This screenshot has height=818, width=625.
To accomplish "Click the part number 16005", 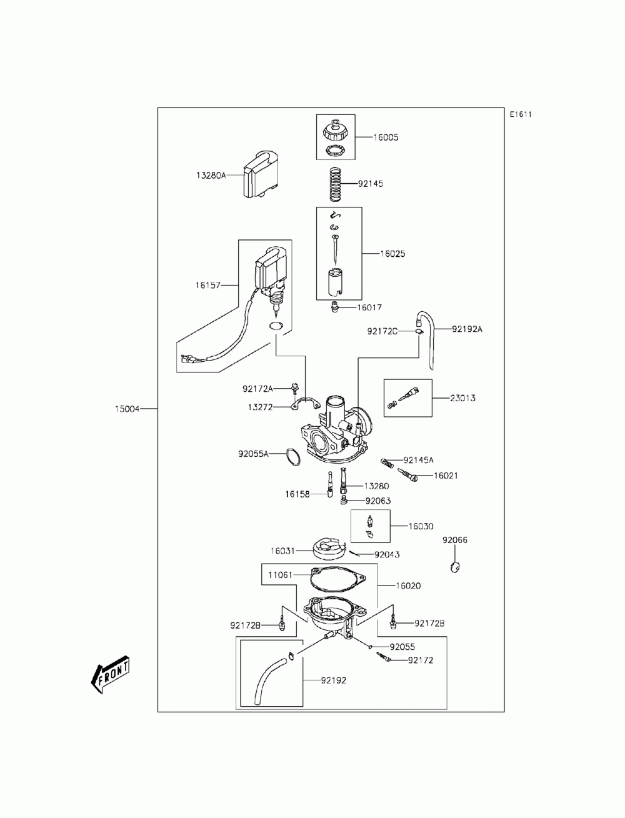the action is click(x=386, y=137).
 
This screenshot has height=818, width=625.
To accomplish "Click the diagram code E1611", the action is click(x=520, y=114).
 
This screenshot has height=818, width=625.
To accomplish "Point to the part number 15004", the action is click(x=127, y=409).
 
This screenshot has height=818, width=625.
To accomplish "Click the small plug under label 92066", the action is click(x=454, y=567).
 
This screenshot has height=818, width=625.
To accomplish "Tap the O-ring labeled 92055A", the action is click(x=293, y=457).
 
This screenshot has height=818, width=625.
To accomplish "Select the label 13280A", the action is click(x=211, y=175).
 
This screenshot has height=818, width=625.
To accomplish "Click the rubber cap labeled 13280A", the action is click(x=261, y=174).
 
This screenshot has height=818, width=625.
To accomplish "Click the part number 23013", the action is click(x=462, y=398).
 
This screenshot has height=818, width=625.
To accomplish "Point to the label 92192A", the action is click(x=467, y=329).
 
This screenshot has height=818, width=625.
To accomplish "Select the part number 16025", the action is click(x=392, y=254).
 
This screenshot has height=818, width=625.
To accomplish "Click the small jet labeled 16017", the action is click(x=334, y=307).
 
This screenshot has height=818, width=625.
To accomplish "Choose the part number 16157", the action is click(x=208, y=285).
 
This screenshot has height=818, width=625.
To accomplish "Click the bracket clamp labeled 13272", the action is click(x=304, y=404).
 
